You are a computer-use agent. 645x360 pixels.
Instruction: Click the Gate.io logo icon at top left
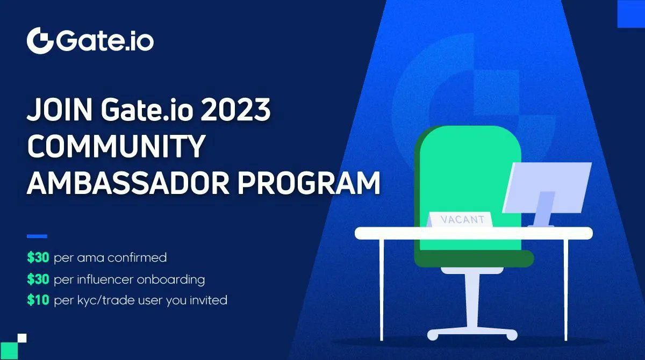[40, 41]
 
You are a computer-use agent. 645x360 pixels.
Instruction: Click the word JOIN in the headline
[60, 110]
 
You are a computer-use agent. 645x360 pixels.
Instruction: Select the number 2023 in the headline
[235, 110]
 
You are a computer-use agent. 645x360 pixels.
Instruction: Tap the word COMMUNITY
[116, 146]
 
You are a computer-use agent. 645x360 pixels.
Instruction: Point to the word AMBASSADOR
[128, 183]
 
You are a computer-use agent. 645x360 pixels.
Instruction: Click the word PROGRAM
[309, 183]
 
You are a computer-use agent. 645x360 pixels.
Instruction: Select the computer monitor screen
[547, 188]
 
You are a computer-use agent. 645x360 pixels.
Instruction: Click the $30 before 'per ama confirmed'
[38, 257]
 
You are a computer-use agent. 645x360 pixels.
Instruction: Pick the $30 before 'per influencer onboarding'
[38, 279]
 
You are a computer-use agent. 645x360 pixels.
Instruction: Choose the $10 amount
[38, 300]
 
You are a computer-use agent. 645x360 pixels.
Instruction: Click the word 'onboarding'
[171, 280]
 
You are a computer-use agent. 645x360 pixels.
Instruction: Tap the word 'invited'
[208, 300]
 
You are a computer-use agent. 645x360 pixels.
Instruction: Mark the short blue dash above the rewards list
[37, 236]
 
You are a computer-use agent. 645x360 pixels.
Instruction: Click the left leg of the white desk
[382, 289]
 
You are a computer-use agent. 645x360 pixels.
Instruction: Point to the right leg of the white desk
[566, 289]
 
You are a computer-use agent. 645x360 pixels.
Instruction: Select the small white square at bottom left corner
[22, 338]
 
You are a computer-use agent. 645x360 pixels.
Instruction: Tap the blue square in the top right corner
[631, 14]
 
